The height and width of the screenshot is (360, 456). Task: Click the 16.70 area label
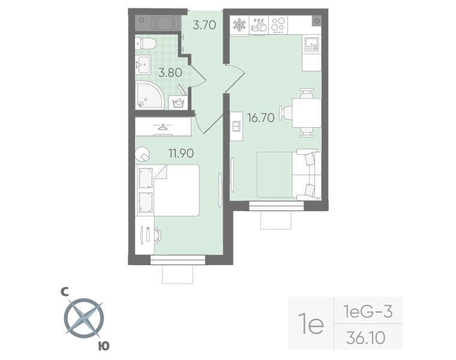[x=260, y=118]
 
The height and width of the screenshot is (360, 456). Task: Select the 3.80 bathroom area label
[x=170, y=74]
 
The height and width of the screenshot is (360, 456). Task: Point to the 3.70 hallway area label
[x=204, y=25]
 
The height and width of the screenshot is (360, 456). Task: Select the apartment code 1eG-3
[x=367, y=312]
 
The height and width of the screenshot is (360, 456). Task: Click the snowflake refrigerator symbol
[x=240, y=25]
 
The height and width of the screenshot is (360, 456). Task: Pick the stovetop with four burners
[x=278, y=25]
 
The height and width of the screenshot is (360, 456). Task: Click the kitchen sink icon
[x=312, y=44]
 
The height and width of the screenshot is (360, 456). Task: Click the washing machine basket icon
[x=178, y=103]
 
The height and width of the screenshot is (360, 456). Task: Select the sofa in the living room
[x=306, y=175]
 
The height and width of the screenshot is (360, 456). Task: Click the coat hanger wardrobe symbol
[x=163, y=127]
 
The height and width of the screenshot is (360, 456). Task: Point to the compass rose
[x=83, y=318]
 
